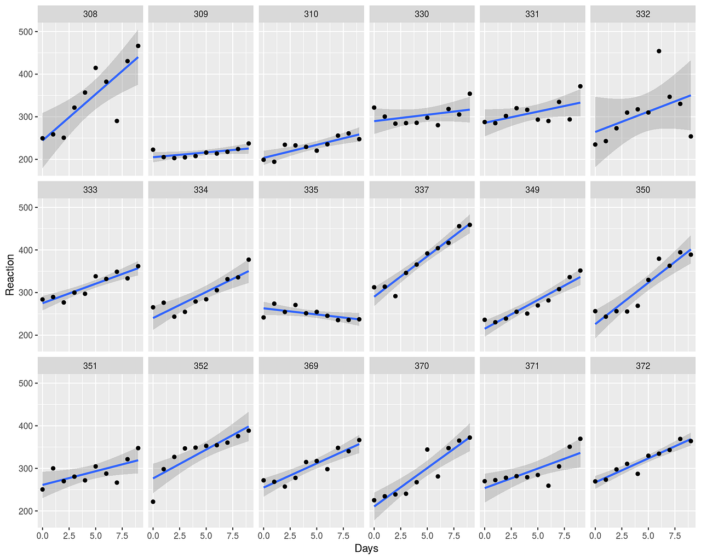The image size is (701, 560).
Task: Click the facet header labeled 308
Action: [90, 14]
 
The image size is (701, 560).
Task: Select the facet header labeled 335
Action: [311, 190]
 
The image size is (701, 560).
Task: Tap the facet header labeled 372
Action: [643, 366]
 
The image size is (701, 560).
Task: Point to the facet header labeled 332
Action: [643, 14]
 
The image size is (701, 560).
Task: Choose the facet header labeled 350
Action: [643, 190]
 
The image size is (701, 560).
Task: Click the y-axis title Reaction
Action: [10, 275]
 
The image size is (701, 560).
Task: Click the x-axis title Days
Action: [366, 549]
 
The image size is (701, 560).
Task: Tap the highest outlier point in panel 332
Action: [659, 51]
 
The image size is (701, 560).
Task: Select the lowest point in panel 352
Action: [153, 501]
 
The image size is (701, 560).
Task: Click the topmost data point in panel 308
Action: [138, 46]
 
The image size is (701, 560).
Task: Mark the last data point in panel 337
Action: [469, 225]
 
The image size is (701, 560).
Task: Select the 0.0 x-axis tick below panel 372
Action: [595, 536]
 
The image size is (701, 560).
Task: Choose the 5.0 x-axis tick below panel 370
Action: [427, 536]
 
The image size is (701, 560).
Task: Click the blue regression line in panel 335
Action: [311, 313]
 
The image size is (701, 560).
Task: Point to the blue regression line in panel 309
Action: [201, 153]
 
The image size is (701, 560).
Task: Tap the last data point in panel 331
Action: [580, 86]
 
